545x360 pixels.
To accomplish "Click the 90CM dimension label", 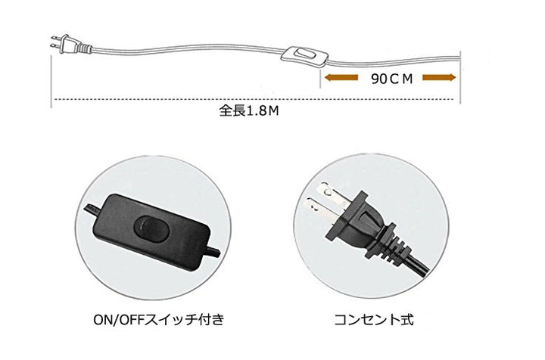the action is pos(392,79).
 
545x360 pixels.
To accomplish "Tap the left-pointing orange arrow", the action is pos(341,77).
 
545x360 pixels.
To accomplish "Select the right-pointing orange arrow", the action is pos(439,77).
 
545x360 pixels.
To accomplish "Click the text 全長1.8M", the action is pos(249,111).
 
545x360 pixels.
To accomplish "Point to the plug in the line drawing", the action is pos(70,44).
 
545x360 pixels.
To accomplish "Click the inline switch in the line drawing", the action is pos(304,55).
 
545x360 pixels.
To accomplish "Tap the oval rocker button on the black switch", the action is pos(152,228).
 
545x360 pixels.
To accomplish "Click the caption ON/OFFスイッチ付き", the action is pos(158,319).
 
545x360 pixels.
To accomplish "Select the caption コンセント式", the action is pos(374,319).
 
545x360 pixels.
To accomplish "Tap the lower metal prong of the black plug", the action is pos(319,209).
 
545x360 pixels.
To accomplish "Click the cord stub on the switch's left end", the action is pos(92,212).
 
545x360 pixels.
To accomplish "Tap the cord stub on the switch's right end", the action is pos(213,252).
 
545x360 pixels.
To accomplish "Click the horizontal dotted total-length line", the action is pos(254,100).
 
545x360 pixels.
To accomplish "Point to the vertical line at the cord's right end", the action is pos(460,77).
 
